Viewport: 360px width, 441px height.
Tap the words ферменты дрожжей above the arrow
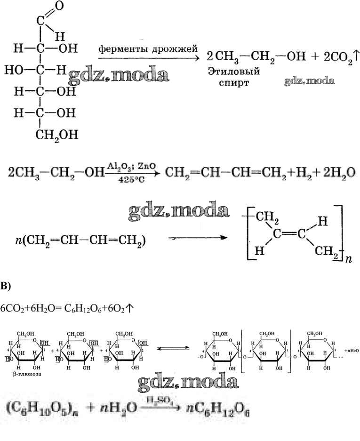[148, 49]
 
